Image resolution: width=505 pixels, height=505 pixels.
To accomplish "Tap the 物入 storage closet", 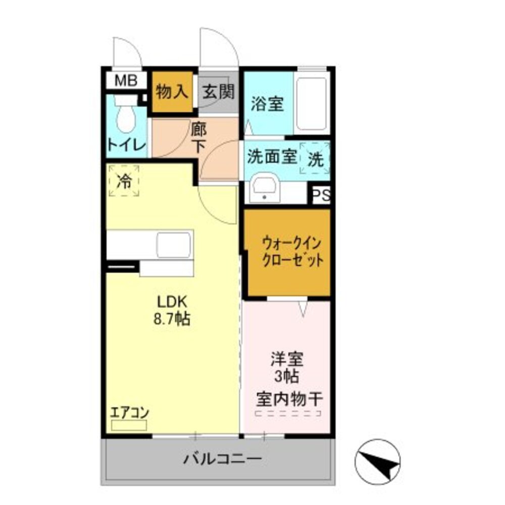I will (x=173, y=92).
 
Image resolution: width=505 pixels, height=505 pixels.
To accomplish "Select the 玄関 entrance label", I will (x=218, y=92).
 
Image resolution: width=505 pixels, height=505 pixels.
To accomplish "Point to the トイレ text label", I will (x=126, y=145).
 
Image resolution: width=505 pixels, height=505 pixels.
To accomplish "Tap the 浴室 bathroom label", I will (x=267, y=105).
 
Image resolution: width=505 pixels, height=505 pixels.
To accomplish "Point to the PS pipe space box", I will (x=321, y=195).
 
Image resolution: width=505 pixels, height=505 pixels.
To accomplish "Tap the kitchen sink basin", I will (x=174, y=245).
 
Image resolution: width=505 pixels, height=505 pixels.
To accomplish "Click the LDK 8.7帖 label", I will (x=173, y=311).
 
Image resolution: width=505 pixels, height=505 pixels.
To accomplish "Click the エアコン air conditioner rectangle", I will (x=129, y=425).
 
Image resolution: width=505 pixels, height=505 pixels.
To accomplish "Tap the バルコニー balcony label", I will (x=222, y=460).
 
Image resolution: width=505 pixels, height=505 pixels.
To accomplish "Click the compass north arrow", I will (x=378, y=460).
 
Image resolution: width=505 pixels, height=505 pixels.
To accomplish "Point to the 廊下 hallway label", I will (x=198, y=137).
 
